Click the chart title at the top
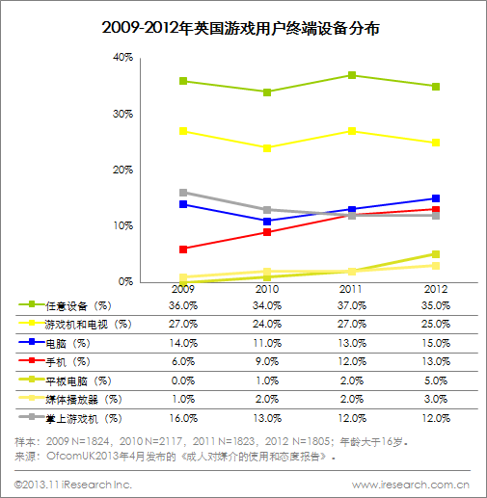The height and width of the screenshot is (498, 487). pyautogui.click(x=241, y=28)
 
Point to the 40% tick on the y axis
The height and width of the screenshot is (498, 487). pyautogui.click(x=122, y=58)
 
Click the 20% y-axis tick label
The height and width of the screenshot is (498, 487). pyautogui.click(x=122, y=170)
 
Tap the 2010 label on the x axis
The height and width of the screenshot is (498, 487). pyautogui.click(x=267, y=289)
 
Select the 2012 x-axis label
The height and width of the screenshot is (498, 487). pyautogui.click(x=436, y=289)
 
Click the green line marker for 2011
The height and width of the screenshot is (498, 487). pyautogui.click(x=352, y=75)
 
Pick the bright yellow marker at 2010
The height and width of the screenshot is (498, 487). pyautogui.click(x=267, y=148)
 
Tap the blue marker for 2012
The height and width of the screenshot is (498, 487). pyautogui.click(x=436, y=198)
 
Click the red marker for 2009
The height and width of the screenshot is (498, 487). pyautogui.click(x=183, y=249)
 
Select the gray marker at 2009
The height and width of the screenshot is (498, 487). pyautogui.click(x=183, y=193)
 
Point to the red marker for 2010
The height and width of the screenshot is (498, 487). pyautogui.click(x=267, y=232)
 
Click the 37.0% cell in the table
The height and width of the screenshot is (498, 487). pyautogui.click(x=352, y=305)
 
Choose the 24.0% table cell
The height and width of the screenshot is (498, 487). pyautogui.click(x=267, y=324)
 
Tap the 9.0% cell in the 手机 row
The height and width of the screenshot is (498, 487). pyautogui.click(x=267, y=361)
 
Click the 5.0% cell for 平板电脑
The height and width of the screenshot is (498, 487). pyautogui.click(x=436, y=380)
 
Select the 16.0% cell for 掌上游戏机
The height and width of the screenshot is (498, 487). pyautogui.click(x=183, y=418)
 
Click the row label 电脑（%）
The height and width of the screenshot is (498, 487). pyautogui.click(x=68, y=344)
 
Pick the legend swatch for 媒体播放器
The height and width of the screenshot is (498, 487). pyautogui.click(x=31, y=398)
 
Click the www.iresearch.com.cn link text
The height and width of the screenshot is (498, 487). pyautogui.click(x=411, y=485)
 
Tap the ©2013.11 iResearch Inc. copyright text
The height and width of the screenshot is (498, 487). pyautogui.click(x=73, y=485)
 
